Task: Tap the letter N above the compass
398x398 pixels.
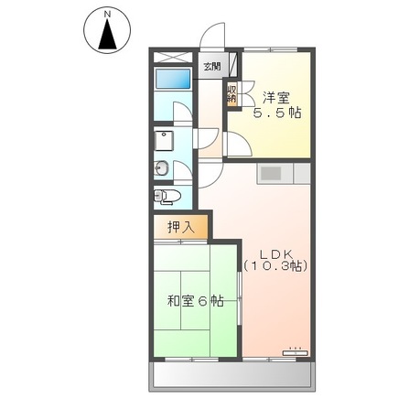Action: pos(108,13)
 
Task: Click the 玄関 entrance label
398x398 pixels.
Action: pos(212,65)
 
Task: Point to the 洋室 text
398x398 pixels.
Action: pos(277,95)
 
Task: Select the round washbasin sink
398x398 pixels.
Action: pos(161,167)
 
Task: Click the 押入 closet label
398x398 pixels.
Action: pos(178,228)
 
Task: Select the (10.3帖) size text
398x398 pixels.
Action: pos(275,266)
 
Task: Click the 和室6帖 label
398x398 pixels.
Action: pos(195,301)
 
